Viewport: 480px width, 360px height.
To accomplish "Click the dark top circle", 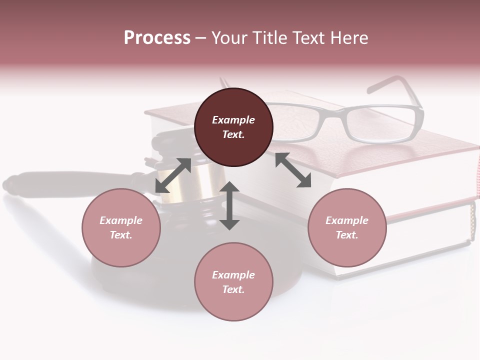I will [233, 127].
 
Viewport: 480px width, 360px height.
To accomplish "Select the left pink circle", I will [121, 227].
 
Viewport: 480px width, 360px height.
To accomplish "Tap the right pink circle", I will [347, 227].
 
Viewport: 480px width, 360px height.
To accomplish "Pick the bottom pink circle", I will [233, 282].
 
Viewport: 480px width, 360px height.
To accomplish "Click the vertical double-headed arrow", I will [229, 205].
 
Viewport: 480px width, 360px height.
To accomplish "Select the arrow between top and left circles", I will [173, 175].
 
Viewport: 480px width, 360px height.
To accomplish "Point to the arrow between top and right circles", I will [293, 170].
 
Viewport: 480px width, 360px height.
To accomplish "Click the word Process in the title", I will [157, 37].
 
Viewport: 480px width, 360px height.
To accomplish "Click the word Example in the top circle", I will [233, 120].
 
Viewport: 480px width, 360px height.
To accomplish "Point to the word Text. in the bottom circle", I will [233, 289].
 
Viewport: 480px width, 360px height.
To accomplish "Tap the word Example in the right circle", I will [347, 220].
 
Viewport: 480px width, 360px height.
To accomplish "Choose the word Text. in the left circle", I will [121, 235].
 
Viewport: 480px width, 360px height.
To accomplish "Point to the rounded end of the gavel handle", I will [12, 184].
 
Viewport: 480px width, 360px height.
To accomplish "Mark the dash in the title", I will [200, 38].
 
